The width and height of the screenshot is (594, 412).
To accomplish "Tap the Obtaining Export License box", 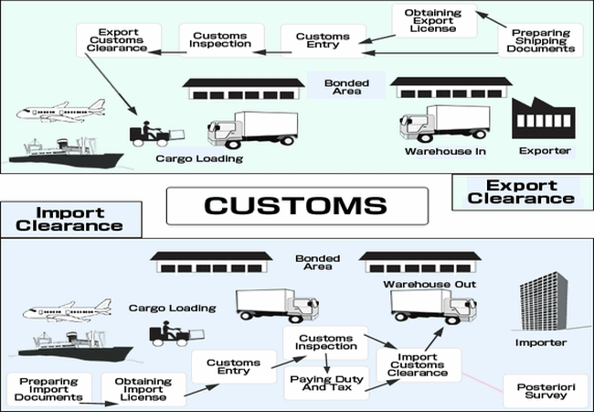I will click(x=435, y=21).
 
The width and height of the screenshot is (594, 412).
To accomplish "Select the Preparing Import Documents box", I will click(x=46, y=389).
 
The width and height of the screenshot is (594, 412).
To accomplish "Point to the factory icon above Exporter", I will click(x=543, y=116).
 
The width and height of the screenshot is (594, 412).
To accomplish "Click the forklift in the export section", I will click(x=147, y=132).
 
